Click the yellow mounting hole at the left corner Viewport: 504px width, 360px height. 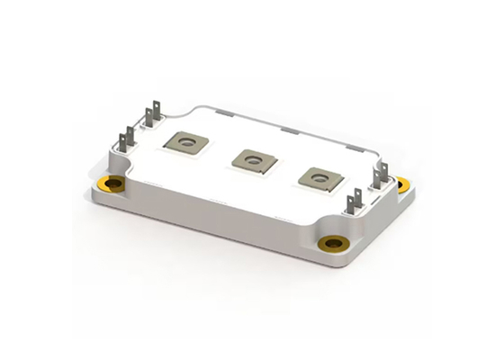tap(114, 184)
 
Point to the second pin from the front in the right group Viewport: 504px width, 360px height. tap(359, 193)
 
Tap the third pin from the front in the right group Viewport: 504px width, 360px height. tap(377, 175)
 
